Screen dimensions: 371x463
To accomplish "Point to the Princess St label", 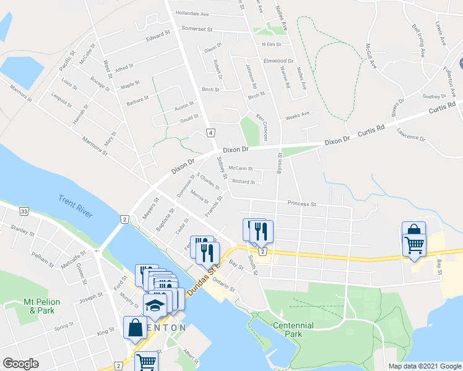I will [302, 203].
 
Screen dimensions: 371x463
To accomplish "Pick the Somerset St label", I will [197, 28].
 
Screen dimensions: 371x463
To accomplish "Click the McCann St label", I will [241, 168].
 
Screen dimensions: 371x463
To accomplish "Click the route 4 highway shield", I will [211, 133].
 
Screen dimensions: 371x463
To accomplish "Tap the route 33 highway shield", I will [24, 211].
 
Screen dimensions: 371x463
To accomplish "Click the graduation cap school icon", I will [155, 304].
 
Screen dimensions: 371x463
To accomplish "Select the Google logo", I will [20, 364].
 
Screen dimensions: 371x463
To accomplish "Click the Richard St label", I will [243, 182].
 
